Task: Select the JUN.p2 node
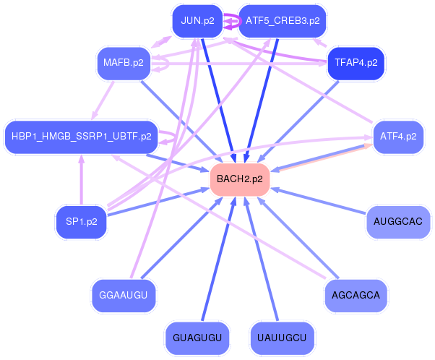(197, 20)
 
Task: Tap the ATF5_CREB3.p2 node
(282, 20)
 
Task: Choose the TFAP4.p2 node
(356, 63)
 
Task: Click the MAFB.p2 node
(123, 63)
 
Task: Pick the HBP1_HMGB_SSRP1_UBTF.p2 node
(81, 136)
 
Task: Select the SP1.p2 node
(81, 221)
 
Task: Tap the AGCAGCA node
(356, 295)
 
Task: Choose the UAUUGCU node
(282, 338)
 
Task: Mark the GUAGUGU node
(197, 338)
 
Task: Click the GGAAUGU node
(123, 295)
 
